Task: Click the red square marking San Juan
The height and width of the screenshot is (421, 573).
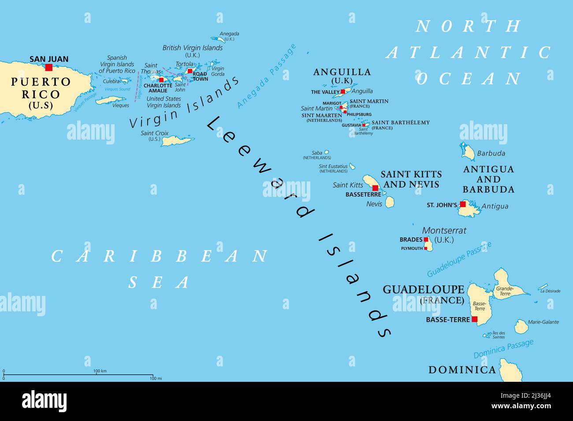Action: click(49, 67)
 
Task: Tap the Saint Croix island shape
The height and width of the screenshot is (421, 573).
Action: click(177, 141)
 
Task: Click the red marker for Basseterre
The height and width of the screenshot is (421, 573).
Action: click(375, 188)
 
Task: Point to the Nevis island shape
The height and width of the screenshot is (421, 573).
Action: click(390, 202)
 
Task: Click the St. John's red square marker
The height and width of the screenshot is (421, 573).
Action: click(463, 204)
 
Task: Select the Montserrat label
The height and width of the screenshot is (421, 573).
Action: click(444, 230)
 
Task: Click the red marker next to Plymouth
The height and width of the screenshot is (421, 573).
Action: click(426, 248)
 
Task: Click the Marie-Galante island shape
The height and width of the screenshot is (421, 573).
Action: click(521, 326)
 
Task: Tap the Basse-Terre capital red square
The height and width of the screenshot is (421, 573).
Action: click(474, 319)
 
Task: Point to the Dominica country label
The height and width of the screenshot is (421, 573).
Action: click(462, 369)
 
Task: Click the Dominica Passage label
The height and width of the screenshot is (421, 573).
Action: click(503, 349)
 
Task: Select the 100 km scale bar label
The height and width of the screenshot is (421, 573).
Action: click(100, 371)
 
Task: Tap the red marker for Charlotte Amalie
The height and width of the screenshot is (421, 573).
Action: click(161, 80)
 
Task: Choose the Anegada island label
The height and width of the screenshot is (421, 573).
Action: click(229, 33)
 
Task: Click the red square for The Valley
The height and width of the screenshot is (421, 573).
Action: click(342, 92)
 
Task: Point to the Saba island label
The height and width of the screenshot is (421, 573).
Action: click(316, 153)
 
